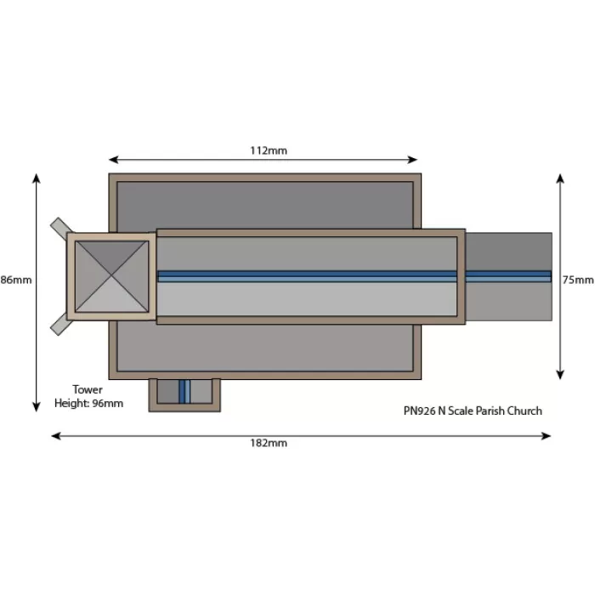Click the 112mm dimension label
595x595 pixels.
(269, 150)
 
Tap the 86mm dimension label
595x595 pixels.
(16, 280)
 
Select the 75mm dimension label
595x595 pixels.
(578, 280)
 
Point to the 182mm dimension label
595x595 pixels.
(269, 443)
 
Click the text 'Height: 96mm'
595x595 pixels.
(88, 403)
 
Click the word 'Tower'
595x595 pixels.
(88, 389)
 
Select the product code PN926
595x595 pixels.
(419, 411)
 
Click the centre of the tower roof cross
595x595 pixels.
(111, 276)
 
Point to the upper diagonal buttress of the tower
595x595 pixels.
(61, 227)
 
